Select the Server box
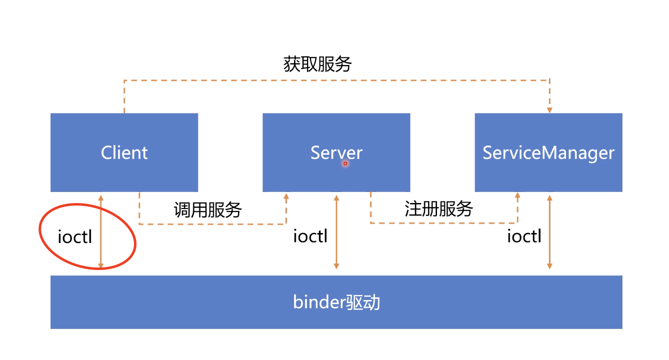click(336, 175)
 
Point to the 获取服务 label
click(317, 64)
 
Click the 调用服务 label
click(207, 209)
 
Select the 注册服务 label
click(438, 209)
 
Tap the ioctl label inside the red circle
click(75, 236)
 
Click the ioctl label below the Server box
click(310, 236)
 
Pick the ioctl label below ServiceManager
click(524, 236)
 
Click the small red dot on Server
click(345, 163)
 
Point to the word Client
click(124, 152)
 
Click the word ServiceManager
click(548, 152)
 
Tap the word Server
click(336, 152)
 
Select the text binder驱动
click(336, 302)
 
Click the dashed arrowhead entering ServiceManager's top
click(549, 109)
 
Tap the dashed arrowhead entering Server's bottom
click(286, 196)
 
